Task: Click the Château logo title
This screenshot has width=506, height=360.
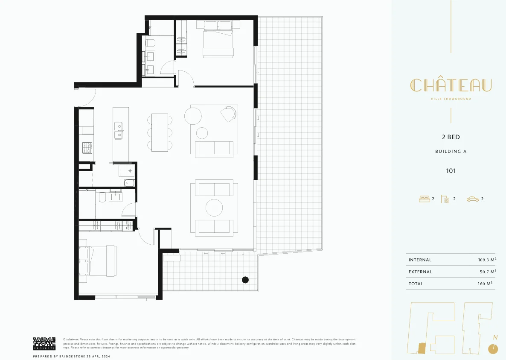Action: pyautogui.click(x=451, y=85)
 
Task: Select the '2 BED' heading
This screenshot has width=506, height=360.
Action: pyautogui.click(x=451, y=138)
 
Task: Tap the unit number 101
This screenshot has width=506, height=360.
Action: pyautogui.click(x=451, y=171)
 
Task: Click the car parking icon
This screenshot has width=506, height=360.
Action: pyautogui.click(x=473, y=199)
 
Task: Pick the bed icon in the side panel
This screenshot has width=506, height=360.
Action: pyautogui.click(x=425, y=199)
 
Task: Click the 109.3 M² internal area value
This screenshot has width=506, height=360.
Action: pyautogui.click(x=487, y=260)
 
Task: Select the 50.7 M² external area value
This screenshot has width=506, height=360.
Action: pyautogui.click(x=488, y=272)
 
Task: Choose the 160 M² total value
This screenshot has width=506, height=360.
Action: pyautogui.click(x=485, y=284)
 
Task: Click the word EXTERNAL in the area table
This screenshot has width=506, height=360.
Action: pyautogui.click(x=420, y=272)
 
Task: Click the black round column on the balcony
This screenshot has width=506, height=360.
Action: pyautogui.click(x=245, y=280)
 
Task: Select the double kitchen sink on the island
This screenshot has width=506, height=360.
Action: pyautogui.click(x=118, y=131)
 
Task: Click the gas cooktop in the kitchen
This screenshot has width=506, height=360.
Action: pyautogui.click(x=87, y=148)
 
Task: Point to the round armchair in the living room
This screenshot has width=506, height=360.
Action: pyautogui.click(x=229, y=114)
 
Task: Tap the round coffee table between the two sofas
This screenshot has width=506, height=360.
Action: pyautogui.click(x=214, y=208)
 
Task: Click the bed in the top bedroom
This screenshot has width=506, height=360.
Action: pyautogui.click(x=218, y=39)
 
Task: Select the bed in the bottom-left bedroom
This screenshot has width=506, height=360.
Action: pyautogui.click(x=98, y=261)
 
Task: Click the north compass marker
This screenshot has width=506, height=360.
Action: pyautogui.click(x=493, y=348)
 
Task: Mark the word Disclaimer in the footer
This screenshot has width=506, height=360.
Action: pyautogui.click(x=71, y=340)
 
